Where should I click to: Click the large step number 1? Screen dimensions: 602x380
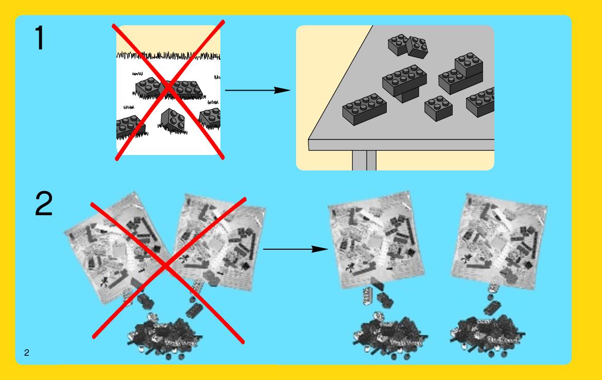(x=40, y=38)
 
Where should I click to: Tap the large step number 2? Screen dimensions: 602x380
(x=44, y=203)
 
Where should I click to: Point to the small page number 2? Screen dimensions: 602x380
(x=26, y=353)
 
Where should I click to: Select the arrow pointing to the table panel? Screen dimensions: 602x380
(x=257, y=90)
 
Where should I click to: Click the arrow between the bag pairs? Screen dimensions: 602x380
(x=295, y=249)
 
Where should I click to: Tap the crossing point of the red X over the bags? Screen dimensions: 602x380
(x=166, y=265)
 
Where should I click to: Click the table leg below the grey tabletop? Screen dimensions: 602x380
(x=365, y=161)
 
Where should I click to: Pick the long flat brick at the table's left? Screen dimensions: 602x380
(x=365, y=109)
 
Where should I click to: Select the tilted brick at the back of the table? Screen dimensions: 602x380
(x=417, y=47)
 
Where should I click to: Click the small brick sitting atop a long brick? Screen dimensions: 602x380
(x=469, y=64)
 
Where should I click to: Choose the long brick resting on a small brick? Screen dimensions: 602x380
(x=404, y=80)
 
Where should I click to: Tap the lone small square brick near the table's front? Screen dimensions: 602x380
(x=438, y=108)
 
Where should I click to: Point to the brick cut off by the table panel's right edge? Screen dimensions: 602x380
(x=480, y=102)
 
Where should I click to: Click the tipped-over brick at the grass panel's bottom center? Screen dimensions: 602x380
(x=172, y=120)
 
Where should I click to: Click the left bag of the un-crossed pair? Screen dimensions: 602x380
(x=376, y=240)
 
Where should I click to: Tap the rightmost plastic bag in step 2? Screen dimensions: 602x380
(x=499, y=241)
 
